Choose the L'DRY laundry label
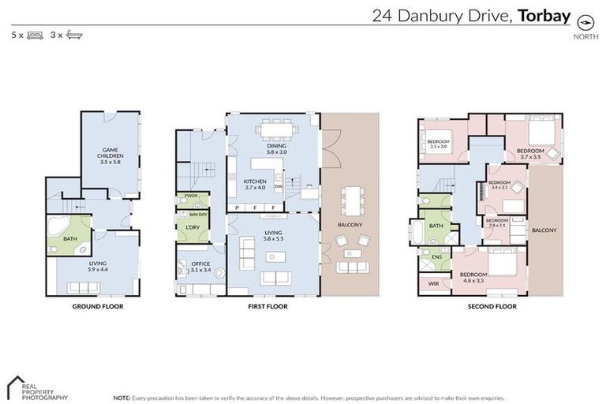(193, 227)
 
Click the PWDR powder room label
(190, 196)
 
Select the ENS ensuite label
(436, 256)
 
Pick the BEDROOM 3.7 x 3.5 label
(529, 153)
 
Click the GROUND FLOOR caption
(97, 306)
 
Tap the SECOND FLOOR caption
(491, 306)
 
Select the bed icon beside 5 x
(35, 36)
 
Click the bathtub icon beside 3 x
(75, 36)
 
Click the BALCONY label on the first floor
(350, 225)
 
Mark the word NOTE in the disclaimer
(122, 398)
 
